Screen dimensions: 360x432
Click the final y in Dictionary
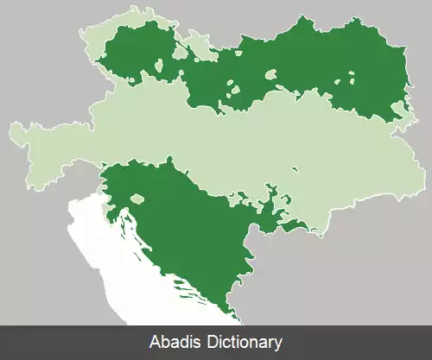coord(279,343)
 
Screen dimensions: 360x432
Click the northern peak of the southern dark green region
coord(170,159)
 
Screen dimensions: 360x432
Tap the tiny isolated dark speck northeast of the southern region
coord(295,168)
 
